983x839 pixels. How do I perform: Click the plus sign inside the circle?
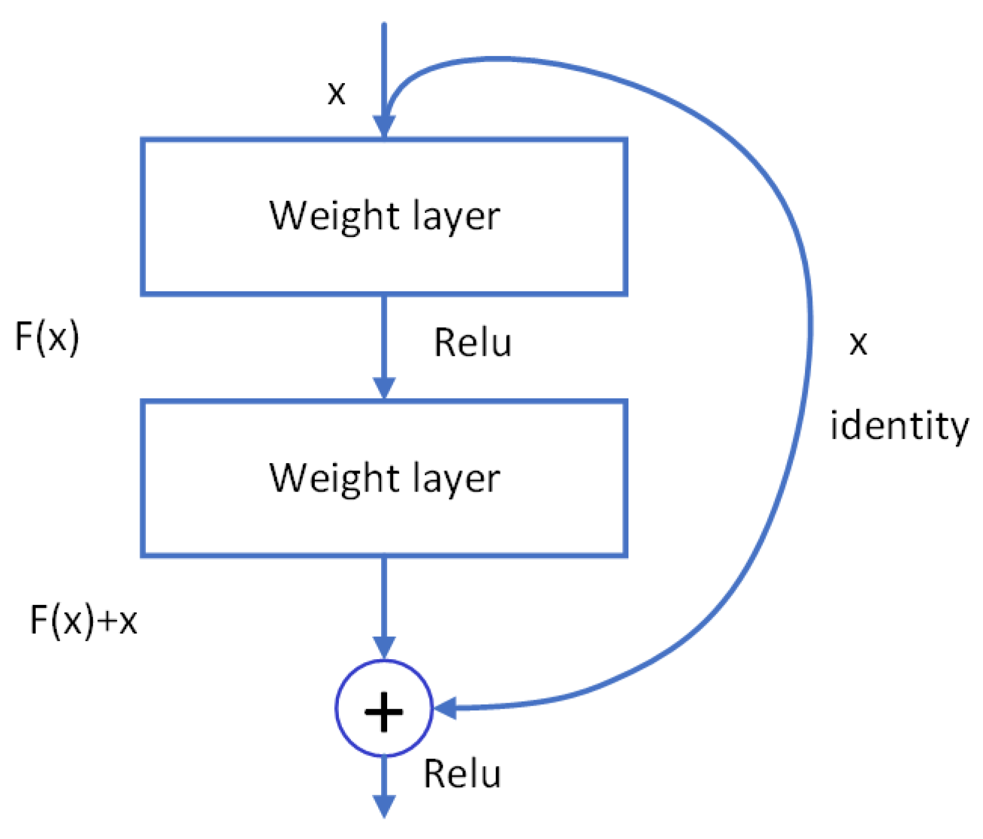[384, 712]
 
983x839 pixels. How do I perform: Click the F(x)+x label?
[84, 620]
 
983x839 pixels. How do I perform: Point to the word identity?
[899, 426]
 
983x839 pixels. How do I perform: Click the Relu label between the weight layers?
[473, 343]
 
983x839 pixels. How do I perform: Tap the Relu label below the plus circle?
[462, 773]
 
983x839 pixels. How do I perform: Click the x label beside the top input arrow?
[337, 93]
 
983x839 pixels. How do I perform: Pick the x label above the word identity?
[858, 343]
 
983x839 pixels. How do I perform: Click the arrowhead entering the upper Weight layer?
[384, 127]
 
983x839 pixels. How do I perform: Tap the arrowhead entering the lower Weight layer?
[384, 387]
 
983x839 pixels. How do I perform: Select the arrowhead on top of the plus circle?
[384, 647]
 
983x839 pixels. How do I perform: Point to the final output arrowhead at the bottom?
[384, 806]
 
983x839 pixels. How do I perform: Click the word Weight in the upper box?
[334, 216]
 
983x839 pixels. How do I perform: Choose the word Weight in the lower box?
[334, 478]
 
